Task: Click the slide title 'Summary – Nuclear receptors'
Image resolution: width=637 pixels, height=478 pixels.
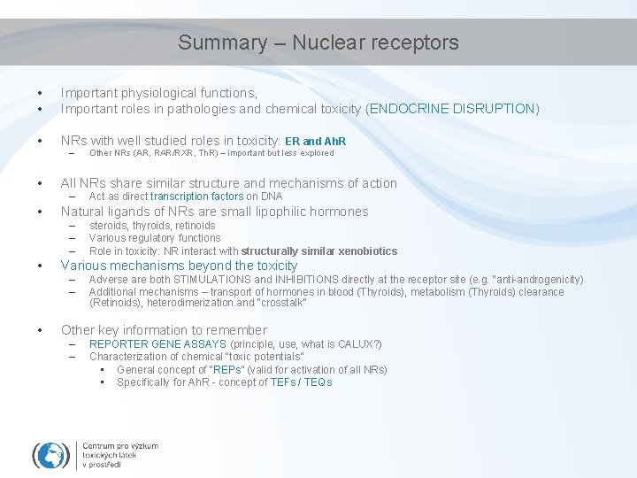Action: click(x=318, y=42)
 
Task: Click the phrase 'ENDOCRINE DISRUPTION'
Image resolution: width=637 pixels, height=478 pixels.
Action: click(x=452, y=109)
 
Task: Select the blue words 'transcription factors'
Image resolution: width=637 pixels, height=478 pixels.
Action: click(x=196, y=197)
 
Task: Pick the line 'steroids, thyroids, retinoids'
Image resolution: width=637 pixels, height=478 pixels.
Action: click(x=152, y=226)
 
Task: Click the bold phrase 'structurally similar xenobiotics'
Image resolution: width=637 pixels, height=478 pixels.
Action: click(x=318, y=251)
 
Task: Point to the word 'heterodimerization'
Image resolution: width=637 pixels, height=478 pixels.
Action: click(x=174, y=303)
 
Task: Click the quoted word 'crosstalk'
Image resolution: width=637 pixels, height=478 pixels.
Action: click(x=280, y=303)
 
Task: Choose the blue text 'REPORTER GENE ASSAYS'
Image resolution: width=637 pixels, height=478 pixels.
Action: click(x=157, y=344)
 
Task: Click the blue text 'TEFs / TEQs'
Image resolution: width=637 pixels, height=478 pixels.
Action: click(x=303, y=382)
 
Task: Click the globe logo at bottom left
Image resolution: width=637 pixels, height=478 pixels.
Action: click(x=50, y=454)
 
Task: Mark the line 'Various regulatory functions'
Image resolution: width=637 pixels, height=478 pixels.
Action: click(x=155, y=238)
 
